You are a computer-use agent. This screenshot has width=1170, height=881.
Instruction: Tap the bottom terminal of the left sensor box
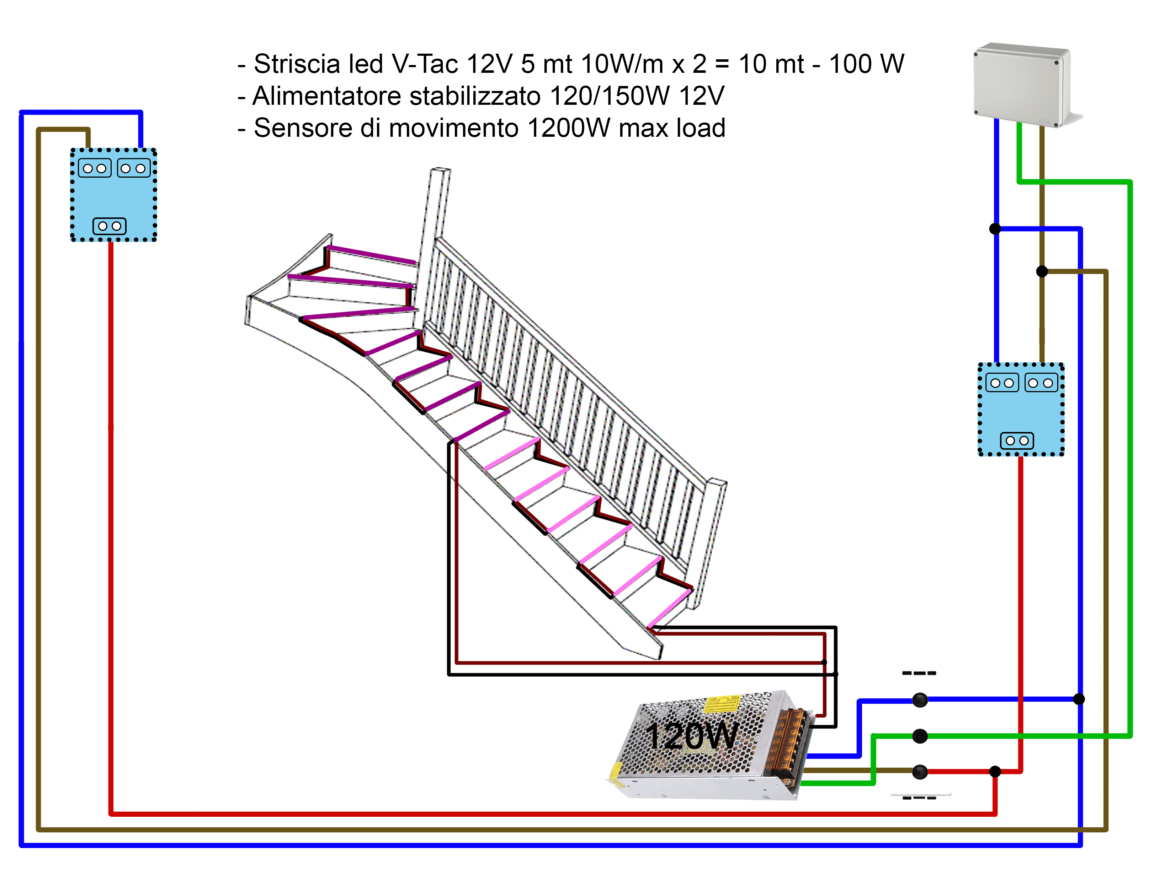pos(110,226)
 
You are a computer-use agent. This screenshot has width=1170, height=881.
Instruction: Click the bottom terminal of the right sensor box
pos(1017,441)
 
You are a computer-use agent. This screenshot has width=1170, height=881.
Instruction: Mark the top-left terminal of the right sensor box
pos(1002,383)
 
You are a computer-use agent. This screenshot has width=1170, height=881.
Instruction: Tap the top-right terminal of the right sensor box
pos(1041,383)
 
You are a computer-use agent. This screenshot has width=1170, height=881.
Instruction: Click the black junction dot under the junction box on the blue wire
pos(995,229)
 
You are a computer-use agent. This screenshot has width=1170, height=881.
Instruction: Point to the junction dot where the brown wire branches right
pos(1042,272)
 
